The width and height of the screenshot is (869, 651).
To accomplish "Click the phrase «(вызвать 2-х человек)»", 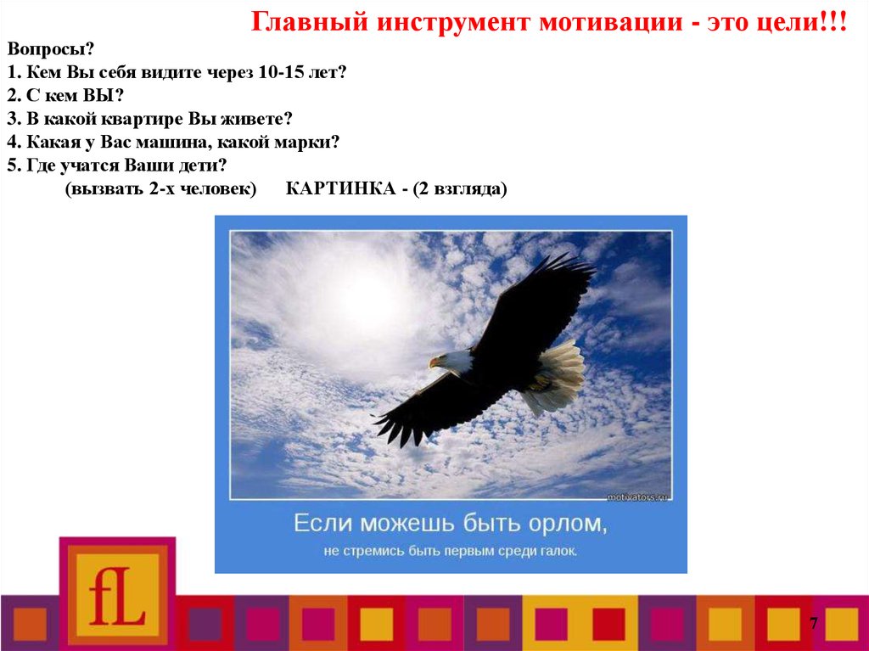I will (160, 188).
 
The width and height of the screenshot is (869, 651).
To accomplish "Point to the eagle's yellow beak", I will (434, 362).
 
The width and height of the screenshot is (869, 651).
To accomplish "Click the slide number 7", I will (813, 624).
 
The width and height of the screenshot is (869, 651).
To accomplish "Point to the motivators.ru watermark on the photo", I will (636, 495).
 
